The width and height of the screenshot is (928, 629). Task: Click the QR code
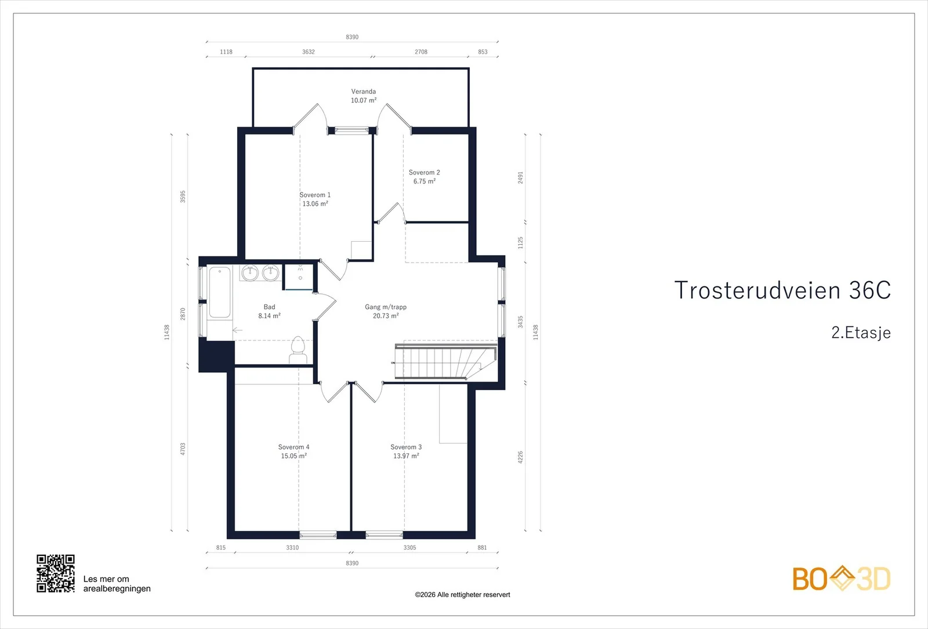(x=56, y=573)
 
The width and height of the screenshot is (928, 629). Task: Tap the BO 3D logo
(x=842, y=578)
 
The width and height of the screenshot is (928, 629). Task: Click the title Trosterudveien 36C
(x=782, y=290)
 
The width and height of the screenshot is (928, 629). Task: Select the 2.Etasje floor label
(x=861, y=333)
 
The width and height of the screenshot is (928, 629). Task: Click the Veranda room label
(x=363, y=92)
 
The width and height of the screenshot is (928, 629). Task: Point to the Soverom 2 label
(x=424, y=172)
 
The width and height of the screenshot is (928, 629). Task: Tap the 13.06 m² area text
(x=316, y=203)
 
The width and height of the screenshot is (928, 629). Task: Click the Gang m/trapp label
(x=386, y=307)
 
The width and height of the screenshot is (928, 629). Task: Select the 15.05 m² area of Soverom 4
(x=293, y=456)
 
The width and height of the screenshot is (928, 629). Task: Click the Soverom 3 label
(x=406, y=447)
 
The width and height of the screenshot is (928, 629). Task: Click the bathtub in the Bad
(x=220, y=293)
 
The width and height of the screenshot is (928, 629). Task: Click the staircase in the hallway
(x=446, y=361)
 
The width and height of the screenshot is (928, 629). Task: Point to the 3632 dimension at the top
(x=308, y=52)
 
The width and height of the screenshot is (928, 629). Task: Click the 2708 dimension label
(x=421, y=52)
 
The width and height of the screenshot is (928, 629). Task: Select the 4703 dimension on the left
(x=183, y=449)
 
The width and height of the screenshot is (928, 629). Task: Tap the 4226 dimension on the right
(x=520, y=457)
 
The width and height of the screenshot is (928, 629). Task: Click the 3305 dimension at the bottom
(x=409, y=547)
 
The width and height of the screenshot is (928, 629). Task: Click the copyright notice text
(x=462, y=595)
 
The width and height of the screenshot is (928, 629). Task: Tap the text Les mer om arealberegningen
(x=117, y=584)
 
